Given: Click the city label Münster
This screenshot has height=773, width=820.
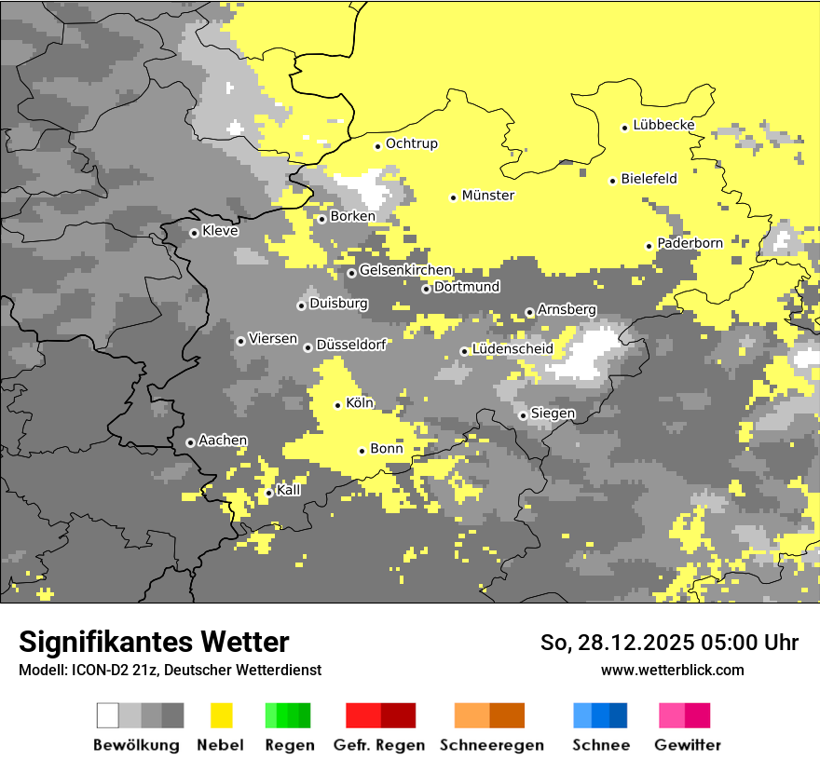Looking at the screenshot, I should [488, 196].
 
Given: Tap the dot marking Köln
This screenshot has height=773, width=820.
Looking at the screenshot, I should [337, 405].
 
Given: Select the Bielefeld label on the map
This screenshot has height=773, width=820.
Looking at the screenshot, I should [649, 179].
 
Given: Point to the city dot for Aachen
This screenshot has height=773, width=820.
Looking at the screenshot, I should [190, 442].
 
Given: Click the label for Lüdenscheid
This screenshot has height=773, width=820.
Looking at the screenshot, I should [512, 349].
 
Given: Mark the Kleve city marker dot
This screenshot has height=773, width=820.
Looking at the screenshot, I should [194, 233].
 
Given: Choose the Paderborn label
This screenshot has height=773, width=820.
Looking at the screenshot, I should [690, 244].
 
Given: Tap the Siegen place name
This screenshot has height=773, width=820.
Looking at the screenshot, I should [553, 414].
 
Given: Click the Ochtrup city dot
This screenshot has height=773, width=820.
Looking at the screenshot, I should [377, 145].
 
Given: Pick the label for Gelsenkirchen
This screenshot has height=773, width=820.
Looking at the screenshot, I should [405, 271].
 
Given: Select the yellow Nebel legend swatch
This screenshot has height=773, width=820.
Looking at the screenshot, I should [222, 715].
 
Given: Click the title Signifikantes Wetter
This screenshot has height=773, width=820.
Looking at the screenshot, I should [154, 643].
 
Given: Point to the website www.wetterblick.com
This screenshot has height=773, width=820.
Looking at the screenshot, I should [673, 670].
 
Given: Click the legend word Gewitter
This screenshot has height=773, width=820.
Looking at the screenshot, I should [688, 745].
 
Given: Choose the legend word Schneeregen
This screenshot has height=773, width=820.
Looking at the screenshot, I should [492, 745].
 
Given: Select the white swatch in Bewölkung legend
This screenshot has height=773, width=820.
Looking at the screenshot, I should [108, 715].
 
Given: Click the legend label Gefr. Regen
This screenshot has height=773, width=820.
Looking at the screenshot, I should [379, 745].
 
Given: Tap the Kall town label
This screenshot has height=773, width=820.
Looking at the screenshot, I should [289, 490].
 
